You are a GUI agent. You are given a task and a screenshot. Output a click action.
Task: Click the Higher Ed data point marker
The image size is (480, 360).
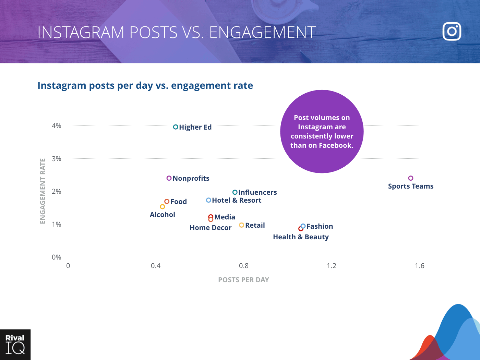[x=176, y=127]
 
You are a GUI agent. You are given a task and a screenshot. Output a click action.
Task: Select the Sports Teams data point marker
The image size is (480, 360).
[x=411, y=178]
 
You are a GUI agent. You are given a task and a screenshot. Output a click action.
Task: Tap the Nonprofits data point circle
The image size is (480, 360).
[x=169, y=178]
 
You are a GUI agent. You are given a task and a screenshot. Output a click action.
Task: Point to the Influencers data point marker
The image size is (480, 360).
[x=235, y=192]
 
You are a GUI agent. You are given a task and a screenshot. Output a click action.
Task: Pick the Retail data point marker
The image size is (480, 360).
[x=242, y=225]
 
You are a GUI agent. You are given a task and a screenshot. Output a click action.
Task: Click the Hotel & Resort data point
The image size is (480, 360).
[x=208, y=200]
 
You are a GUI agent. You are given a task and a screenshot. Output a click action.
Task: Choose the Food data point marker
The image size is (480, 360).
[x=167, y=201]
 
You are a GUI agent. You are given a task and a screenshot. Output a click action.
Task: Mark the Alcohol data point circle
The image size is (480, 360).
[x=163, y=206]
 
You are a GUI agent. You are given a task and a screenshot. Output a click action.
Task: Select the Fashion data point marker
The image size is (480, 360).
[x=303, y=226]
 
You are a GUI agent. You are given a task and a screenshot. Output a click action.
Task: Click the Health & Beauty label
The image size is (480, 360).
[x=301, y=237]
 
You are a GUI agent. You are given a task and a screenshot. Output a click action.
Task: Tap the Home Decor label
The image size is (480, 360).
[x=211, y=228]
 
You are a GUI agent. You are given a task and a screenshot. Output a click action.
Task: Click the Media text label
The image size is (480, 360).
[x=225, y=217]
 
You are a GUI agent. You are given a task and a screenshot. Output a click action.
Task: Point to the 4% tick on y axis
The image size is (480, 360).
[x=57, y=126]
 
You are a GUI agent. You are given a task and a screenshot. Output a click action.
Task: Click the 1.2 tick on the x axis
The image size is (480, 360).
[x=332, y=266]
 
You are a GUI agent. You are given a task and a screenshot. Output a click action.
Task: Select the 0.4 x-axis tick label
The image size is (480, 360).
[x=156, y=266]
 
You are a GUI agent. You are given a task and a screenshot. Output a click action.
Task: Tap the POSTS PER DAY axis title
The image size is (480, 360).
[x=243, y=280]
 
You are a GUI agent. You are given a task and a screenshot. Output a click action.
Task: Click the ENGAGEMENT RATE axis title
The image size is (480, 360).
[x=43, y=191]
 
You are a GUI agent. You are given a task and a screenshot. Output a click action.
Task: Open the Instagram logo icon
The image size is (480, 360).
[x=452, y=32]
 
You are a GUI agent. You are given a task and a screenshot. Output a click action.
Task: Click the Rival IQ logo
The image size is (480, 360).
[x=15, y=345]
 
